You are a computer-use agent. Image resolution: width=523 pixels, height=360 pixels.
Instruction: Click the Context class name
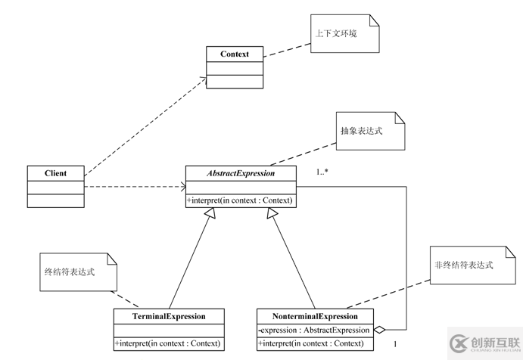[235, 54]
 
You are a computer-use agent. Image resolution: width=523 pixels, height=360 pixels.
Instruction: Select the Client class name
[55, 173]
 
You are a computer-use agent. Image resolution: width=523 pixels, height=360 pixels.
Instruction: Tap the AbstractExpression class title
[241, 173]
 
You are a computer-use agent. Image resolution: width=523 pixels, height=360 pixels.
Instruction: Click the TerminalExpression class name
[170, 315]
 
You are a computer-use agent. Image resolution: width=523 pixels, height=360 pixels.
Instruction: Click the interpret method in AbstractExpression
[241, 200]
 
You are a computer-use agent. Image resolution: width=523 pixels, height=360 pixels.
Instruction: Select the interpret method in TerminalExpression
[170, 343]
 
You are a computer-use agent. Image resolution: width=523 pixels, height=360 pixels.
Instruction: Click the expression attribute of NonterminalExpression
[313, 330]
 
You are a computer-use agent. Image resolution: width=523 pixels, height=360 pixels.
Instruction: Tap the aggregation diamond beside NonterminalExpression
[381, 330]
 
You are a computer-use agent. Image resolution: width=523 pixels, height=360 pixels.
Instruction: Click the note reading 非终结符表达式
[464, 265]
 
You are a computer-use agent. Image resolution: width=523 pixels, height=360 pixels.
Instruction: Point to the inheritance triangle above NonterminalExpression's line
[271, 213]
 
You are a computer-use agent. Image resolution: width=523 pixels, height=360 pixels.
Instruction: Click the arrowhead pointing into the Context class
[204, 77]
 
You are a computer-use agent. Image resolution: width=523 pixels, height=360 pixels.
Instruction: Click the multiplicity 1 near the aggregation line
[394, 344]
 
